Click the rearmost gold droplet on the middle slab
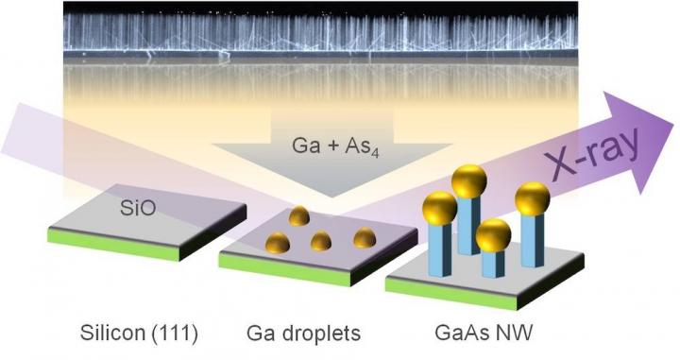click(x=300, y=216)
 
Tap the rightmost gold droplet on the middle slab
click(x=365, y=237)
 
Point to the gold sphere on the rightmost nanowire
click(x=531, y=199)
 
